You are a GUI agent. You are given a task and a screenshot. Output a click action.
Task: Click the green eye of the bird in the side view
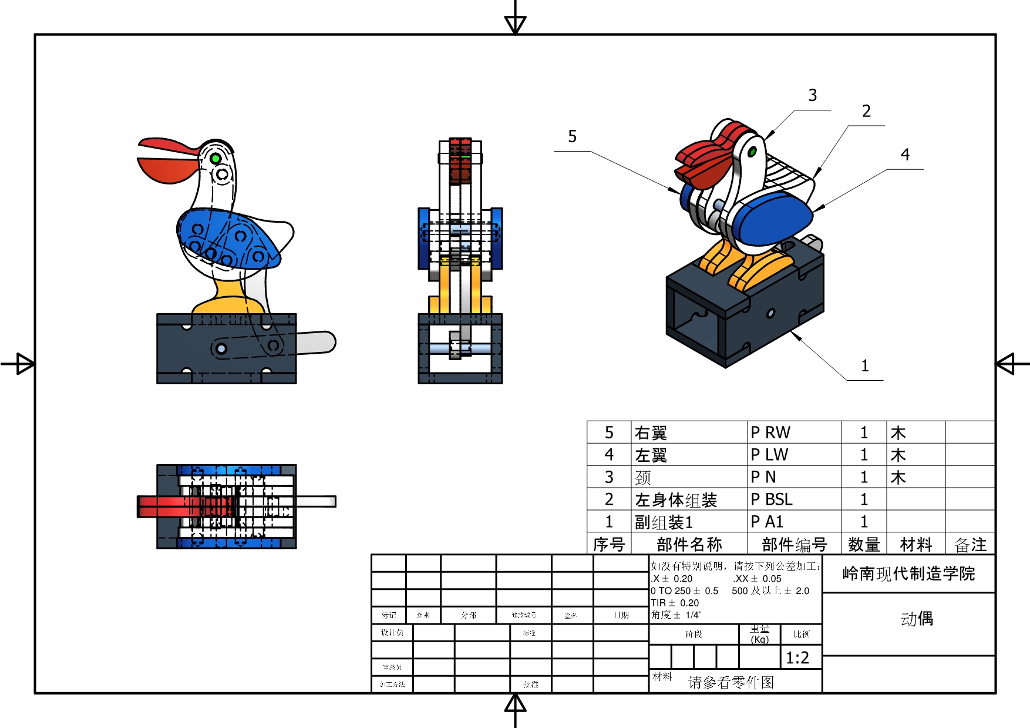pyautogui.click(x=216, y=159)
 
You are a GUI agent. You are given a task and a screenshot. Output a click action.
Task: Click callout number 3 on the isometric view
pyautogui.click(x=812, y=96)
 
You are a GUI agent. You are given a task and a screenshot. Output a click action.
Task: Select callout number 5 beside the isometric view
pyautogui.click(x=572, y=137)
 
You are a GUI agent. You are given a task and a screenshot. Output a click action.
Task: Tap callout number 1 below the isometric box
pyautogui.click(x=864, y=366)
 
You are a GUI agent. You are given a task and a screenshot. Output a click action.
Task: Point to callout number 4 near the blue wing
pyautogui.click(x=905, y=155)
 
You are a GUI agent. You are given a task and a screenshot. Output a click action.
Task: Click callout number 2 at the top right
pyautogui.click(x=866, y=112)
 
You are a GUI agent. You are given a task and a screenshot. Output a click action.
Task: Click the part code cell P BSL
pyautogui.click(x=772, y=499)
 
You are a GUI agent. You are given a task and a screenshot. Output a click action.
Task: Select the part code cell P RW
pyautogui.click(x=770, y=432)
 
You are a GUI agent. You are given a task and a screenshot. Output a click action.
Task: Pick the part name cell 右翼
pyautogui.click(x=651, y=433)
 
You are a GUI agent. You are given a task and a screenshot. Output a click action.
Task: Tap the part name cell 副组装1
pyautogui.click(x=664, y=522)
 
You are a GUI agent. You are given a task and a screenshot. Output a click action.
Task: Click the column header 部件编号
pyautogui.click(x=794, y=545)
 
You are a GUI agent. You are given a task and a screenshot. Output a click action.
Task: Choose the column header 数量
pyautogui.click(x=864, y=545)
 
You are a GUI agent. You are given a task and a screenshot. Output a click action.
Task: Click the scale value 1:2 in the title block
pyautogui.click(x=797, y=657)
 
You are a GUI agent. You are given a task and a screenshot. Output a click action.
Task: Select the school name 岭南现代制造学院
pyautogui.click(x=908, y=573)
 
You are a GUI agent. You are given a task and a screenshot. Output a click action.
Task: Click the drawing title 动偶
pyautogui.click(x=917, y=619)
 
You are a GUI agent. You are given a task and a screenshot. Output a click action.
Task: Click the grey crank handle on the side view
pyautogui.click(x=317, y=342)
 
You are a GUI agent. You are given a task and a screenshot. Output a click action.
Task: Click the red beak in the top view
pyautogui.click(x=164, y=506)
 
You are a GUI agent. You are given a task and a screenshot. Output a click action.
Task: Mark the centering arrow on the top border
pyautogui.click(x=515, y=24)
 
